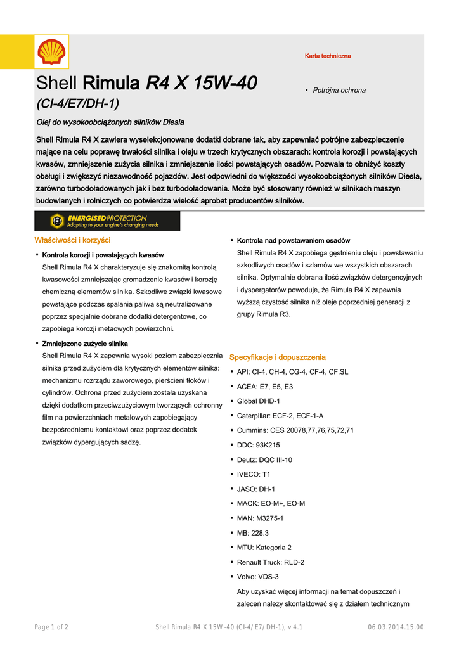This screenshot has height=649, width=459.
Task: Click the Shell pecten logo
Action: click(51, 51)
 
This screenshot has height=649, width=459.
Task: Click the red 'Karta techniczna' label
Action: click(327, 56)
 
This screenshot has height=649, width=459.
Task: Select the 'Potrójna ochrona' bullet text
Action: click(339, 91)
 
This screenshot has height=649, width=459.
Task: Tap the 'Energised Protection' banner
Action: click(107, 221)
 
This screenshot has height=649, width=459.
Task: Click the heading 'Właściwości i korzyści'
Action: click(72, 240)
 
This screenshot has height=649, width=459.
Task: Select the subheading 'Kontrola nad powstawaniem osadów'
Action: click(293, 241)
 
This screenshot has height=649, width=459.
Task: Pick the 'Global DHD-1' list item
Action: click(258, 401)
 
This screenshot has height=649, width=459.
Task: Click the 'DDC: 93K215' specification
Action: click(258, 445)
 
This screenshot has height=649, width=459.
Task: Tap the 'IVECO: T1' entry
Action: click(254, 474)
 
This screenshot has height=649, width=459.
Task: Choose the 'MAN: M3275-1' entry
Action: click(260, 518)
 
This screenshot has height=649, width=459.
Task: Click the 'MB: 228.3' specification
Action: click(252, 533)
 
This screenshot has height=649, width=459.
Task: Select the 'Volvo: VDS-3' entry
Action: click(257, 577)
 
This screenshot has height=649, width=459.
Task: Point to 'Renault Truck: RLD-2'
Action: click(270, 562)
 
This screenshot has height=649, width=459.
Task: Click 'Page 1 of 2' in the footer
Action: click(51, 627)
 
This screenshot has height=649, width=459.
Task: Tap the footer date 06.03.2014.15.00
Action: click(396, 627)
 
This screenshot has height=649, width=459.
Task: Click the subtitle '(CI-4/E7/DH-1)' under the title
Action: click(77, 103)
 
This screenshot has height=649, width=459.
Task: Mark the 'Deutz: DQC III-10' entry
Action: click(264, 459)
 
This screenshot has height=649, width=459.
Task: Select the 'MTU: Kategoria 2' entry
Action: click(264, 548)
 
